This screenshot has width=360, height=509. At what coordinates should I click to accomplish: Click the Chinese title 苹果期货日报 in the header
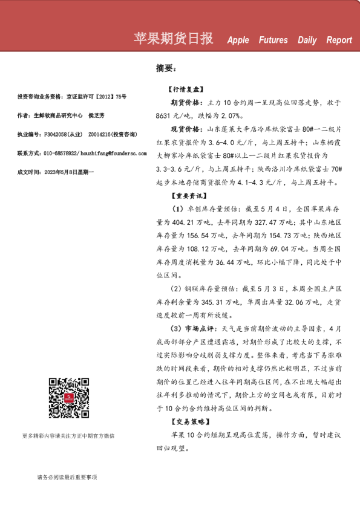click(x=173, y=39)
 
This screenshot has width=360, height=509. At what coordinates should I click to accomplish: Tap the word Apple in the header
click(x=238, y=41)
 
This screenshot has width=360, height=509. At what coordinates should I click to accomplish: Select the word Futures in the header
click(x=273, y=41)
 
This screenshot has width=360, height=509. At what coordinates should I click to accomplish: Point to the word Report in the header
click(x=339, y=41)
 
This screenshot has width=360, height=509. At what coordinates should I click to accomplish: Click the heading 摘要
click(x=165, y=69)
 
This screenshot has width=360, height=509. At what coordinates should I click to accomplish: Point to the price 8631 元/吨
click(x=174, y=115)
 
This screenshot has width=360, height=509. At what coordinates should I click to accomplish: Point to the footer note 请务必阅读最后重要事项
click(x=67, y=477)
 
